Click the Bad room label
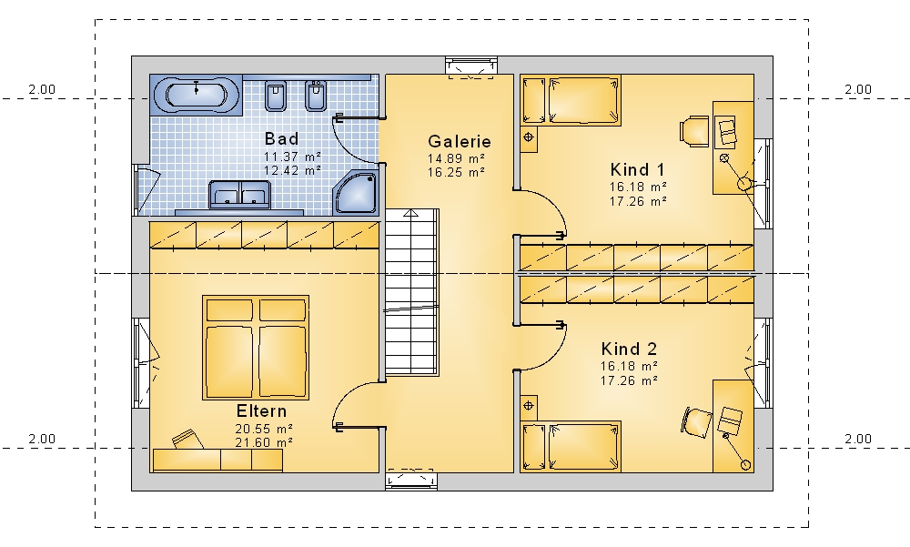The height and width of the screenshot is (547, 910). pyautogui.click(x=281, y=138)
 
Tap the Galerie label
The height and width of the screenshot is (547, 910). pyautogui.click(x=459, y=141)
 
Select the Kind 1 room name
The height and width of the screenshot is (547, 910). pyautogui.click(x=637, y=169)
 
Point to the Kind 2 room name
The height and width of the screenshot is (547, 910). pyautogui.click(x=629, y=349)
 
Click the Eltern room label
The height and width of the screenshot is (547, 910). pyautogui.click(x=261, y=411)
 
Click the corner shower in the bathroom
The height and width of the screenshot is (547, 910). pyautogui.click(x=356, y=191)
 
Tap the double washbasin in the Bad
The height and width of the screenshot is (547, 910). pyautogui.click(x=239, y=195)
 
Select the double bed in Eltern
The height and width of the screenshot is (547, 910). pyautogui.click(x=256, y=348)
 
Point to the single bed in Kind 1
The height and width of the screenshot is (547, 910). pyautogui.click(x=571, y=100)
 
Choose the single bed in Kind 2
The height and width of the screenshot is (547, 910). pyautogui.click(x=571, y=446)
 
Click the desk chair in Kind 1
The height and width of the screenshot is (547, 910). pyautogui.click(x=694, y=131)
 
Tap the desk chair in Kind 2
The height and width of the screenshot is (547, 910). pyautogui.click(x=696, y=421)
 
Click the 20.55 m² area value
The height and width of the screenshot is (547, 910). pyautogui.click(x=264, y=429)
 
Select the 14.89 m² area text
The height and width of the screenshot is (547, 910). pyautogui.click(x=456, y=158)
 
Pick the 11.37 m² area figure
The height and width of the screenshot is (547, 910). pyautogui.click(x=292, y=157)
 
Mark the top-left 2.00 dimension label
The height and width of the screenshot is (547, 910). pyautogui.click(x=42, y=89)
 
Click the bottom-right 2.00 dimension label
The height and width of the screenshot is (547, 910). pyautogui.click(x=858, y=439)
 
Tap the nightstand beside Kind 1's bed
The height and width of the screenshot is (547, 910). pyautogui.click(x=529, y=138)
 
